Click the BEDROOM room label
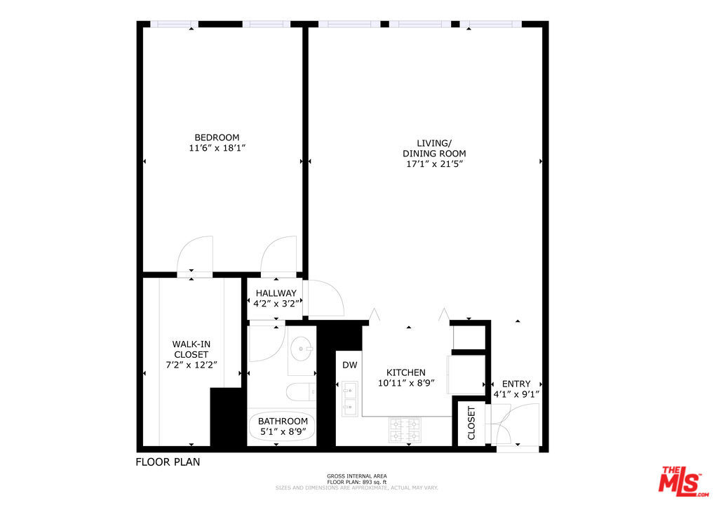click(217, 137)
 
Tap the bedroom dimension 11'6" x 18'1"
click(217, 148)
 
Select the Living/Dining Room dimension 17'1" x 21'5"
click(434, 164)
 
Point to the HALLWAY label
click(276, 293)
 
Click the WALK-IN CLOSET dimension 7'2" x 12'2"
click(191, 365)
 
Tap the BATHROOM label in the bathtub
click(283, 422)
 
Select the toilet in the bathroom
click(300, 391)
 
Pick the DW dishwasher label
click(350, 365)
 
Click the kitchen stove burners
click(405, 430)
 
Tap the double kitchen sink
click(350, 398)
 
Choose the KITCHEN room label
click(405, 372)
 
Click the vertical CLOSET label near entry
click(471, 423)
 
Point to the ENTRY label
click(516, 384)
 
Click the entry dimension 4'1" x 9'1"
click(516, 395)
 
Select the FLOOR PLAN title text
click(168, 462)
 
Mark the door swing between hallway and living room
click(326, 298)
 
